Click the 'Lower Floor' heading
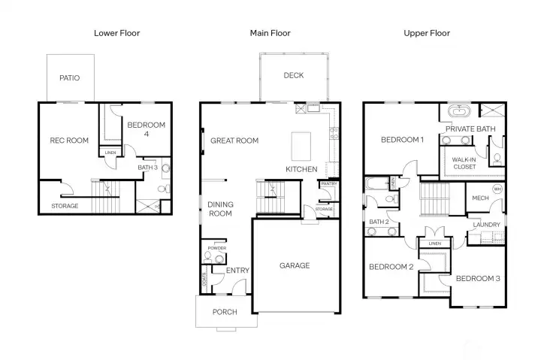tap(116, 33)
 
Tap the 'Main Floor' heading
tap(270, 33)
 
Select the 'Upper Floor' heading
tap(426, 33)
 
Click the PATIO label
tap(70, 78)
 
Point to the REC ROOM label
tap(69, 140)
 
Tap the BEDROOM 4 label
tap(145, 130)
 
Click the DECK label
tap(293, 75)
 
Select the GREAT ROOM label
tap(234, 141)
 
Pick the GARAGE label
tap(295, 265)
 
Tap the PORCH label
tap(225, 312)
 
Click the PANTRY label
tap(328, 183)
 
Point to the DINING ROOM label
tap(221, 209)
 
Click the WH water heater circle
tap(497, 189)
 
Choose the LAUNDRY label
tap(486, 225)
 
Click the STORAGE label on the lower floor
tap(65, 206)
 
